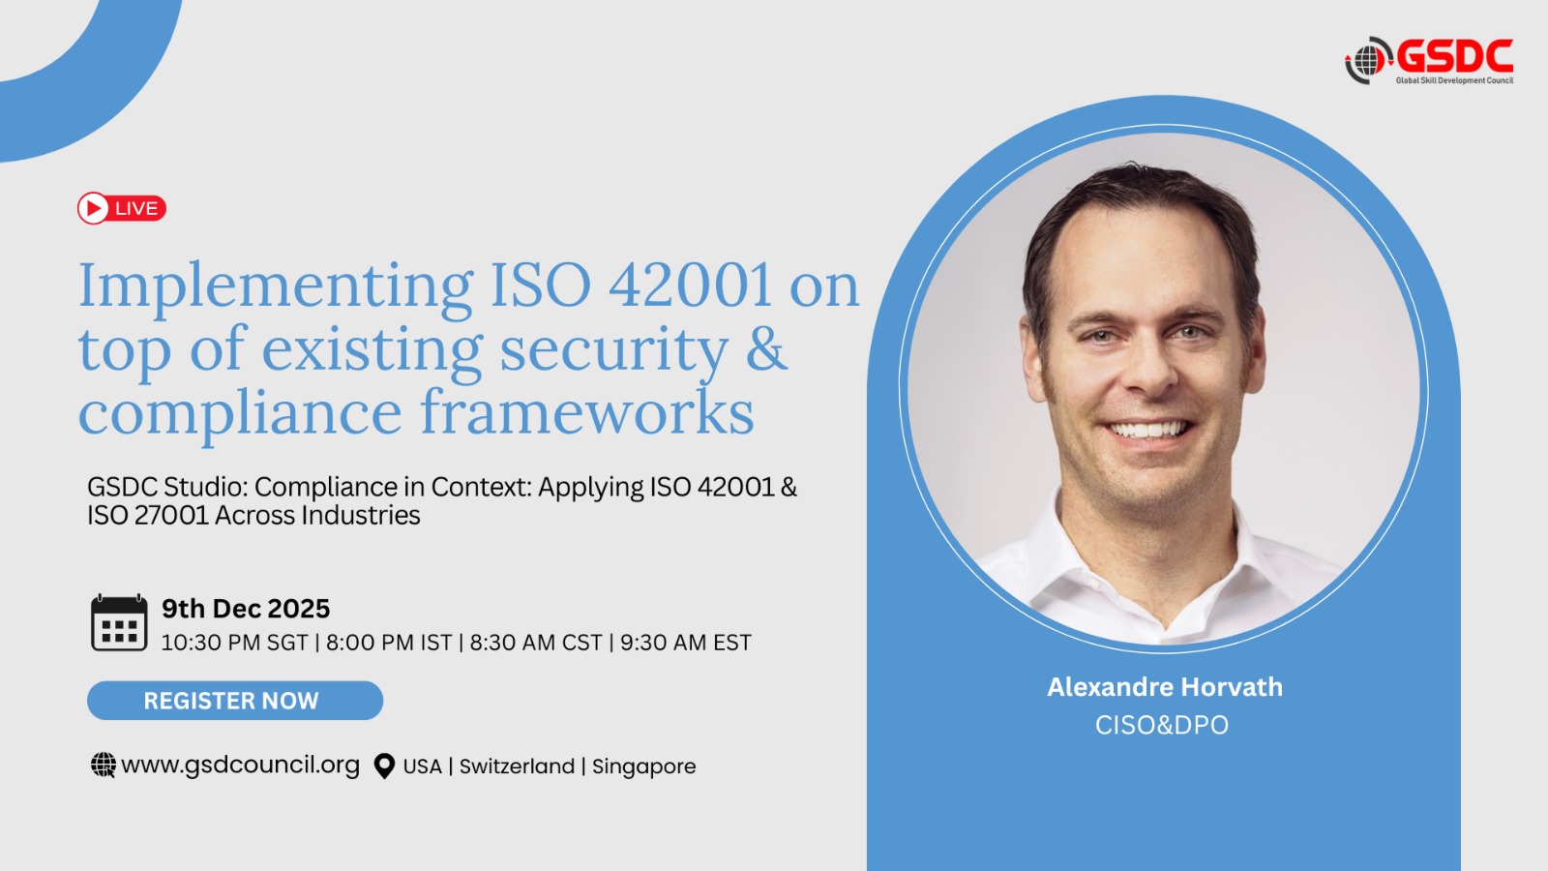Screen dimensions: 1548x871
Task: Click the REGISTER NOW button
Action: coord(235,701)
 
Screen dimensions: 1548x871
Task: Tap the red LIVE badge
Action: coord(122,208)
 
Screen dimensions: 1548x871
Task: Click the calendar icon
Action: coord(119,622)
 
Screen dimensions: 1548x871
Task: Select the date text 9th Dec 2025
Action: coord(246,609)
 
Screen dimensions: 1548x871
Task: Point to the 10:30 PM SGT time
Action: coord(234,643)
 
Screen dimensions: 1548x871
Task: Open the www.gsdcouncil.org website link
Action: coord(241,765)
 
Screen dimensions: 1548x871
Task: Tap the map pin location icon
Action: coord(384,766)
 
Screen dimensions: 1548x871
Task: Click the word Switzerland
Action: coord(517,766)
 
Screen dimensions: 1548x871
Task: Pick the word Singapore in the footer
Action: coord(644,766)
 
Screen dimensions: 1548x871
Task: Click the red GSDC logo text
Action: coord(1455,56)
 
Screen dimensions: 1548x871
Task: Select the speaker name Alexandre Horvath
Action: coord(1165,686)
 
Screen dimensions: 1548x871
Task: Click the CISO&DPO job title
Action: coord(1162,725)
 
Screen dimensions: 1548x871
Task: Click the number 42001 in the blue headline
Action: coord(689,285)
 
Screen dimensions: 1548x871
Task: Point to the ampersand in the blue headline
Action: coord(766,348)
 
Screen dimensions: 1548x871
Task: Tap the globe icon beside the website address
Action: coord(104,766)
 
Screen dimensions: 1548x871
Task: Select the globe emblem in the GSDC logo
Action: coord(1368,60)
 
